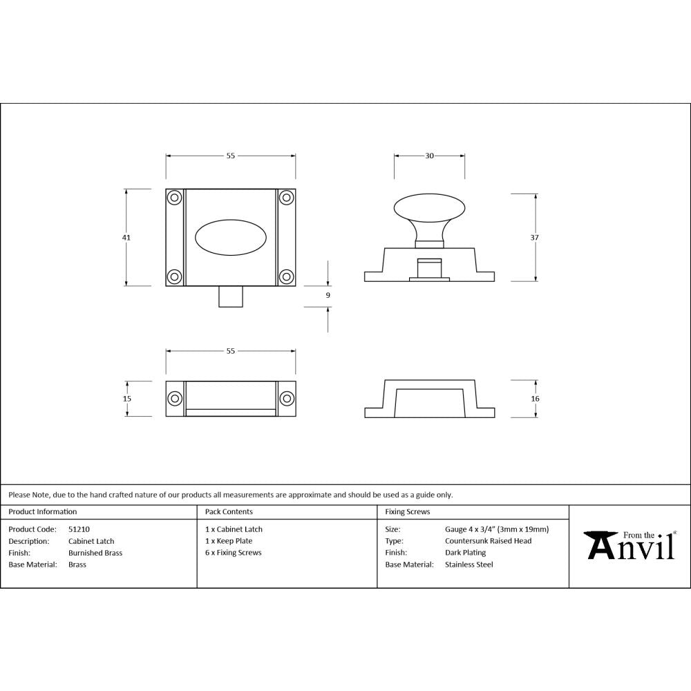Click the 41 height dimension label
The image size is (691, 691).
(126, 237)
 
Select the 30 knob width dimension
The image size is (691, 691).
(429, 156)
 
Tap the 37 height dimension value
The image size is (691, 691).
(535, 237)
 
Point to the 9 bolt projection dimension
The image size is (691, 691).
(328, 295)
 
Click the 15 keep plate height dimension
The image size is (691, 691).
(127, 399)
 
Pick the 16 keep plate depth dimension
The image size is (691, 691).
(535, 399)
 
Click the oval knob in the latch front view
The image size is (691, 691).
(230, 237)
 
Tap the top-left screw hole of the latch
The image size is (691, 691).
(174, 198)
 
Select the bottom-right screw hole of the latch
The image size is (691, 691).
(286, 276)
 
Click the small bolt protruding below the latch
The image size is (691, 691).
(230, 296)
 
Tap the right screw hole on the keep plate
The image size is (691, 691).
(286, 399)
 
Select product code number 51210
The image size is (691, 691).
(79, 529)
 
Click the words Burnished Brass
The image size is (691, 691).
(95, 553)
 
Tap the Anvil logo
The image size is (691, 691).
(630, 545)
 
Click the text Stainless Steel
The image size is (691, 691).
(468, 565)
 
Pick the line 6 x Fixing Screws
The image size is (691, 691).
(233, 553)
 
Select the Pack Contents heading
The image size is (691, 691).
(229, 512)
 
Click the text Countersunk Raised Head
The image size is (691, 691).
(488, 541)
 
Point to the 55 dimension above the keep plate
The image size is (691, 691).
(231, 351)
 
